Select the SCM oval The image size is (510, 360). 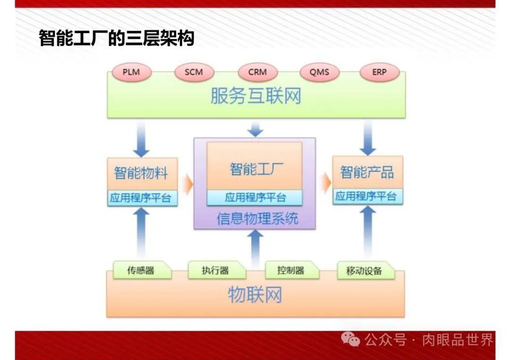click(x=194, y=73)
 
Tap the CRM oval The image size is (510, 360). click(x=257, y=73)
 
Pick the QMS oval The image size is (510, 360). click(x=319, y=73)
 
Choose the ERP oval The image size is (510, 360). click(x=379, y=73)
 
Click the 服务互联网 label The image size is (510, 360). click(x=255, y=97)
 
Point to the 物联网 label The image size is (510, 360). click(x=255, y=295)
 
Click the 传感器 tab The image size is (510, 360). click(x=141, y=270)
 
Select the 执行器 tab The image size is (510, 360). click(x=216, y=270)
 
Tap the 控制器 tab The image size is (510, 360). click(x=291, y=270)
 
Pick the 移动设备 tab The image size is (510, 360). click(x=365, y=271)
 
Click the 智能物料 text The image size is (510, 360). click(x=141, y=173)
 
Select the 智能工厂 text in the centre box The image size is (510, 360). click(x=255, y=169)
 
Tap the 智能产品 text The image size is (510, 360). click(x=367, y=172)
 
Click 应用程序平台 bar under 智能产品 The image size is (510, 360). click(x=367, y=197)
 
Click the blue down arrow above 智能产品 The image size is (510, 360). click(x=368, y=138)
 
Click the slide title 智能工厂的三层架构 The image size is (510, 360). click(x=116, y=38)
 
